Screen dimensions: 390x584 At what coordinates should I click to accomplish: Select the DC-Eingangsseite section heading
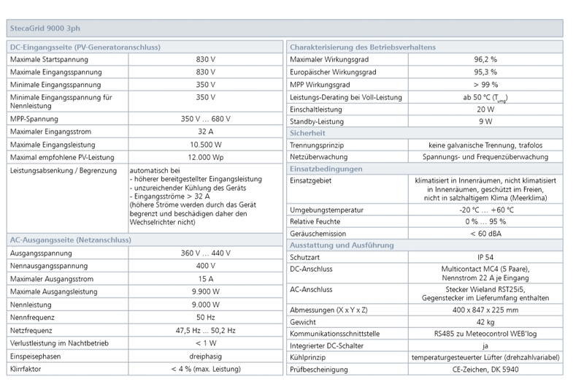pyautogui.click(x=85, y=47)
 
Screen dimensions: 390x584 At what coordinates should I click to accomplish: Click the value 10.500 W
pyautogui.click(x=205, y=145)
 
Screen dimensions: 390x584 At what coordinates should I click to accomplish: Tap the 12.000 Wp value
pyautogui.click(x=205, y=158)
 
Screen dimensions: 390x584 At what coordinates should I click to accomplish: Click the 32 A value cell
pyautogui.click(x=205, y=131)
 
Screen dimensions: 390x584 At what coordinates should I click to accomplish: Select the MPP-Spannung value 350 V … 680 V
pyautogui.click(x=205, y=118)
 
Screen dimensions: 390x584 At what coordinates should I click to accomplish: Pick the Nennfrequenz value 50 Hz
pyautogui.click(x=205, y=318)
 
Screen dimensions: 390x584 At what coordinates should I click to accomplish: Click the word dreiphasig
pyautogui.click(x=205, y=356)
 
